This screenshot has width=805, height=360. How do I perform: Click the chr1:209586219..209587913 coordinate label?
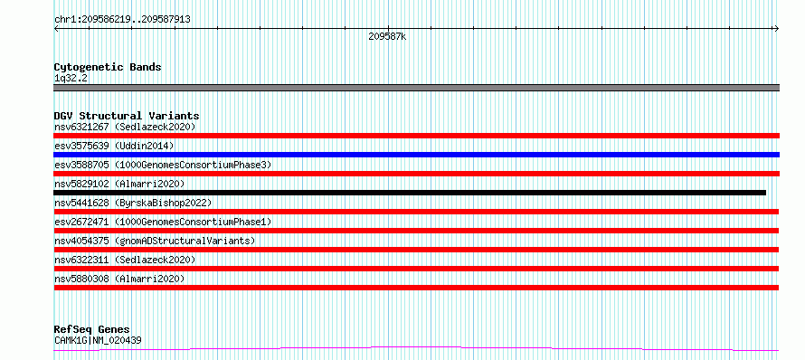tap(122, 20)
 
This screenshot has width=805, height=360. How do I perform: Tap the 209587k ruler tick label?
tap(387, 37)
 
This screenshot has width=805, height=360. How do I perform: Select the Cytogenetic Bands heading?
tap(108, 67)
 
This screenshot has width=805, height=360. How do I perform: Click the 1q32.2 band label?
tap(71, 79)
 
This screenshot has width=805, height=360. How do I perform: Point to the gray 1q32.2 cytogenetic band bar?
tap(416, 88)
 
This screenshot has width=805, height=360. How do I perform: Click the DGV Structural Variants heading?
tap(127, 116)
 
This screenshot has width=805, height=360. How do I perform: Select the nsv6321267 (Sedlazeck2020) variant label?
tap(125, 127)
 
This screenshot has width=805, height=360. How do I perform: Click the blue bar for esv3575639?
tap(416, 155)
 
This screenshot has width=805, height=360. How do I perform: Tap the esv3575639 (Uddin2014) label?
tap(114, 146)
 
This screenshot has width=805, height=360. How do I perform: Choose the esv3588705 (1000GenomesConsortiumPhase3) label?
tap(163, 165)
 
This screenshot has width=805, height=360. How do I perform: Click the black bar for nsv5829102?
tap(410, 193)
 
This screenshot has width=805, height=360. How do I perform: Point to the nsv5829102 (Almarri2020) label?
tap(119, 184)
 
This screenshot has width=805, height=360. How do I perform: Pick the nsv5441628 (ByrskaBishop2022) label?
tap(133, 203)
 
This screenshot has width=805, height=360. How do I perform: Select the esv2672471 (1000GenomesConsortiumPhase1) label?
tap(163, 222)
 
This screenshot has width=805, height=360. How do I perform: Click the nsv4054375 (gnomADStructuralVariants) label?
tap(155, 241)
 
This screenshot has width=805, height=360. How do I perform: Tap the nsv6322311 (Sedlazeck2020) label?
tap(125, 260)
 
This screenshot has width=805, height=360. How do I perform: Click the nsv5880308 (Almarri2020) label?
tap(119, 279)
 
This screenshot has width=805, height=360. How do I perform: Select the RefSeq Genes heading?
tap(92, 329)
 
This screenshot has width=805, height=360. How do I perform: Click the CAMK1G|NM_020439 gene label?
tap(98, 340)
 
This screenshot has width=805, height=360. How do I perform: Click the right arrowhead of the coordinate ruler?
tap(778, 29)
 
